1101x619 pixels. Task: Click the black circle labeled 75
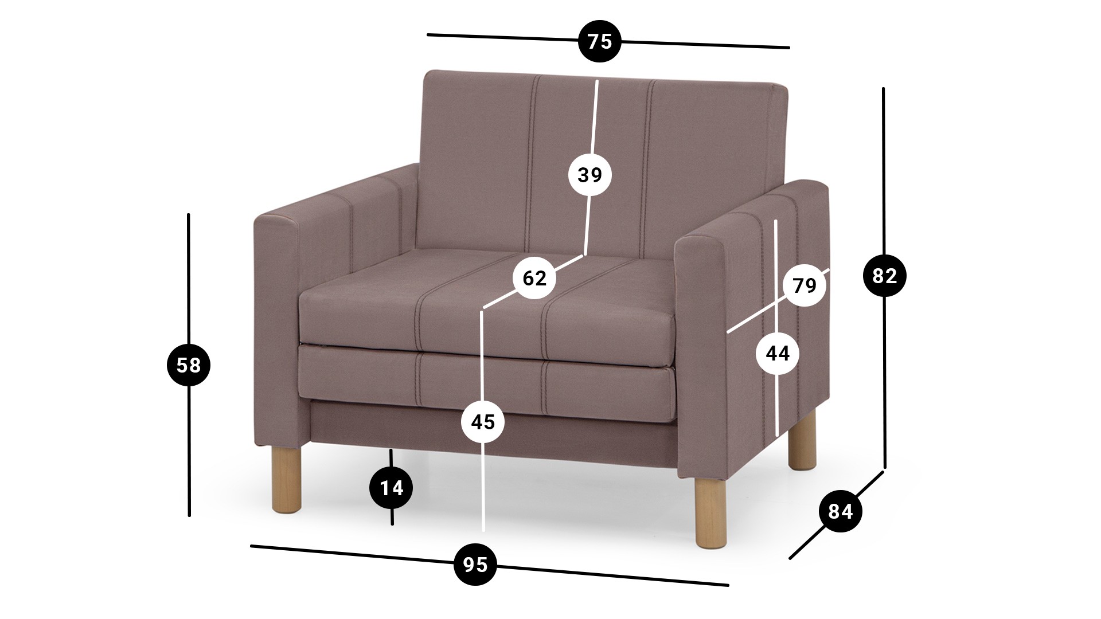tap(599, 41)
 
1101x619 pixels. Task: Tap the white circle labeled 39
tap(590, 174)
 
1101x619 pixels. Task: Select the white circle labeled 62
tap(534, 278)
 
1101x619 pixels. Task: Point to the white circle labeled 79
tap(804, 285)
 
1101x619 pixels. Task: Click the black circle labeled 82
tap(884, 276)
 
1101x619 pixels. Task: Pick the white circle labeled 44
tap(778, 354)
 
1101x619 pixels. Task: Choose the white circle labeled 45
tap(483, 422)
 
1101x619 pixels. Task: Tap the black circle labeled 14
tap(392, 488)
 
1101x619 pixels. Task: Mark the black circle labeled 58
tap(188, 365)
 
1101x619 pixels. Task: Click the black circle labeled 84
tap(841, 511)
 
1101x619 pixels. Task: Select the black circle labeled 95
tap(475, 565)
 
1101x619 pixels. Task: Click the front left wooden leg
tap(286, 478)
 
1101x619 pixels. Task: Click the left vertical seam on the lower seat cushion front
tap(420, 379)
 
